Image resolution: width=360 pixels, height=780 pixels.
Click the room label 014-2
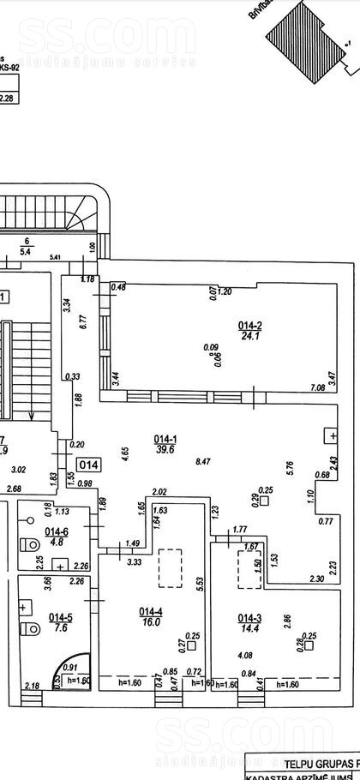249,325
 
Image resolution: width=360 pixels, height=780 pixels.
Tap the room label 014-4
150,611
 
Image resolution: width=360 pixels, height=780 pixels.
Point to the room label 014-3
249,617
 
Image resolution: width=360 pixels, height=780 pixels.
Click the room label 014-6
59,531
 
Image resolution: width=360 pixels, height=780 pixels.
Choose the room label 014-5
59,616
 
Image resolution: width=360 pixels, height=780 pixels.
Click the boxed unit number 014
90,465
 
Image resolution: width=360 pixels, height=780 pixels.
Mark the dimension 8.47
204,461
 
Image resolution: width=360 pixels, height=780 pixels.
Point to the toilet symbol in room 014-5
30,630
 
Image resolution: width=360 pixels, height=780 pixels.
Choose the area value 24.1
249,336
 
